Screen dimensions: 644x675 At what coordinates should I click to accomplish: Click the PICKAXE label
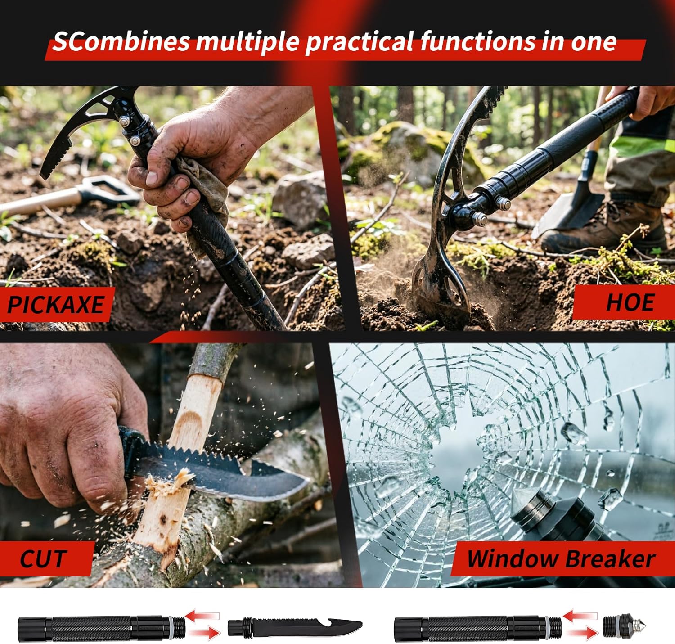pyautogui.click(x=56, y=305)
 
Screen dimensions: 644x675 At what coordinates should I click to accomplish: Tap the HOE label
pyautogui.click(x=630, y=302)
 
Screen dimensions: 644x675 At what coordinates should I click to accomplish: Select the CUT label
pyautogui.click(x=44, y=559)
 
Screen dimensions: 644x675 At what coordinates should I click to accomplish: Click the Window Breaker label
pyautogui.click(x=561, y=559)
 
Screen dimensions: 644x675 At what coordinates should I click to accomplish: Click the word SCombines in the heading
pyautogui.click(x=121, y=42)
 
